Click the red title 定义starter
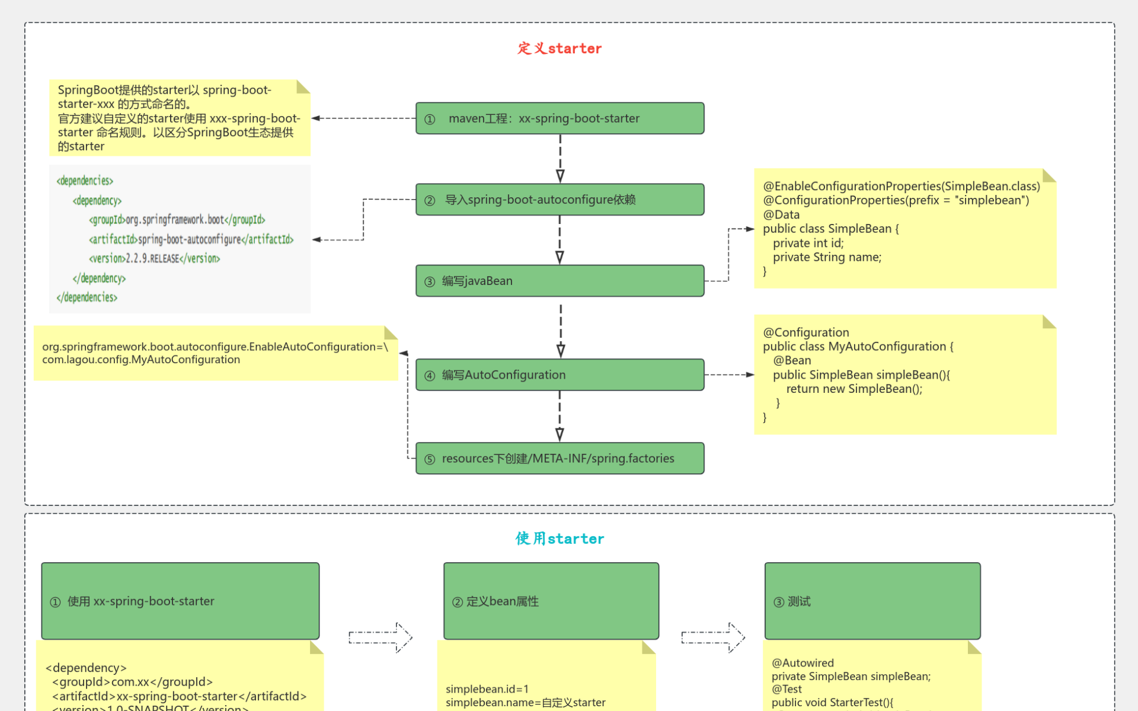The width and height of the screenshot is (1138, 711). pyautogui.click(x=559, y=49)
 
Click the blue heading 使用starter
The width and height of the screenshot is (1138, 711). pyautogui.click(x=559, y=539)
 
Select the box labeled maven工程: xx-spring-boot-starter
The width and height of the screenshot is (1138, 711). pyautogui.click(x=560, y=118)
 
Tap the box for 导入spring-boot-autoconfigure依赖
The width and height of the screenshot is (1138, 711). pyautogui.click(x=560, y=200)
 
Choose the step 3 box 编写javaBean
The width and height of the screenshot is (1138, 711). pyautogui.click(x=560, y=281)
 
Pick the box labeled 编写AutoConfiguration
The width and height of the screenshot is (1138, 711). pyautogui.click(x=560, y=374)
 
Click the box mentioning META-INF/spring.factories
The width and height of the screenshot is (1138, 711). pyautogui.click(x=560, y=458)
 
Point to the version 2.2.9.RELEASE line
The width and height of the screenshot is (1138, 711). pyautogui.click(x=155, y=259)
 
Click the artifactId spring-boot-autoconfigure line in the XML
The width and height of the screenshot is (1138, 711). pyautogui.click(x=191, y=239)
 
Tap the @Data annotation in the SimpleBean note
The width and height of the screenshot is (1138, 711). pyautogui.click(x=781, y=214)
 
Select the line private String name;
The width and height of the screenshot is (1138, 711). pyautogui.click(x=827, y=257)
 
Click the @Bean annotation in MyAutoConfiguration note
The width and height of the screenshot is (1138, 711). pyautogui.click(x=792, y=360)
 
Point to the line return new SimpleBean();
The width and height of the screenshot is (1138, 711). pyautogui.click(x=854, y=389)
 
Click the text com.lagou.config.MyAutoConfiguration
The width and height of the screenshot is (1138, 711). pyautogui.click(x=141, y=360)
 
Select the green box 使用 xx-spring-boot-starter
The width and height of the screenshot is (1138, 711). pyautogui.click(x=180, y=601)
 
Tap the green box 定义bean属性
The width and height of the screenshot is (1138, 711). pyautogui.click(x=551, y=601)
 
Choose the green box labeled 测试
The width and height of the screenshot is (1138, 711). pyautogui.click(x=872, y=601)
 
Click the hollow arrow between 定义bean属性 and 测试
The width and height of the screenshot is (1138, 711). pyautogui.click(x=713, y=638)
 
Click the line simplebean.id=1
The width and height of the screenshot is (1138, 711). pyautogui.click(x=487, y=689)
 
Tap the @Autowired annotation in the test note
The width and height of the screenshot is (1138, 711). pyautogui.click(x=803, y=663)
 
